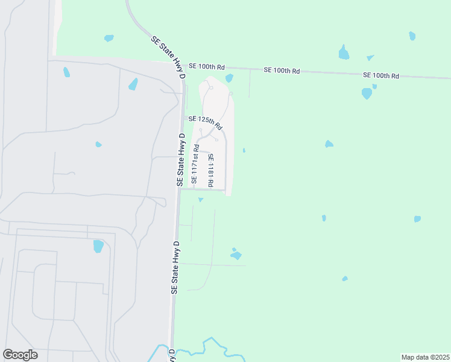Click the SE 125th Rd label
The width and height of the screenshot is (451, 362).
tap(205, 122)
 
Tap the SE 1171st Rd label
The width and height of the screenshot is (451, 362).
tap(195, 164)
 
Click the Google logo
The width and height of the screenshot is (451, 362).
tap(20, 355)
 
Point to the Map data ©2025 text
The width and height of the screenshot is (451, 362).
tap(426, 357)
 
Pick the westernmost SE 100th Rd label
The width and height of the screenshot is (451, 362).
tap(206, 66)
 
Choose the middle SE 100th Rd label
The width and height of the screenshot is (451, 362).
tap(282, 71)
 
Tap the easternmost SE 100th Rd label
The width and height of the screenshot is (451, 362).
tap(381, 75)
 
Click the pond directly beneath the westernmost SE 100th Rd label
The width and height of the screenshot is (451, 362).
tap(229, 78)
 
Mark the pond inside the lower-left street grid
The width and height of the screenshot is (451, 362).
tap(99, 246)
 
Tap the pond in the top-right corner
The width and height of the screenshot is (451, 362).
tap(412, 36)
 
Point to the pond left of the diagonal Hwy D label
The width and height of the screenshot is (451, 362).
tap(109, 38)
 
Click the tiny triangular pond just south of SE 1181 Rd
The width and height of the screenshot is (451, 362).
tap(201, 199)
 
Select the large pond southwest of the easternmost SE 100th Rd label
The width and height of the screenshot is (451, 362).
tap(367, 93)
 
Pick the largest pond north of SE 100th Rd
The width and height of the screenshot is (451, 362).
tap(344, 53)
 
